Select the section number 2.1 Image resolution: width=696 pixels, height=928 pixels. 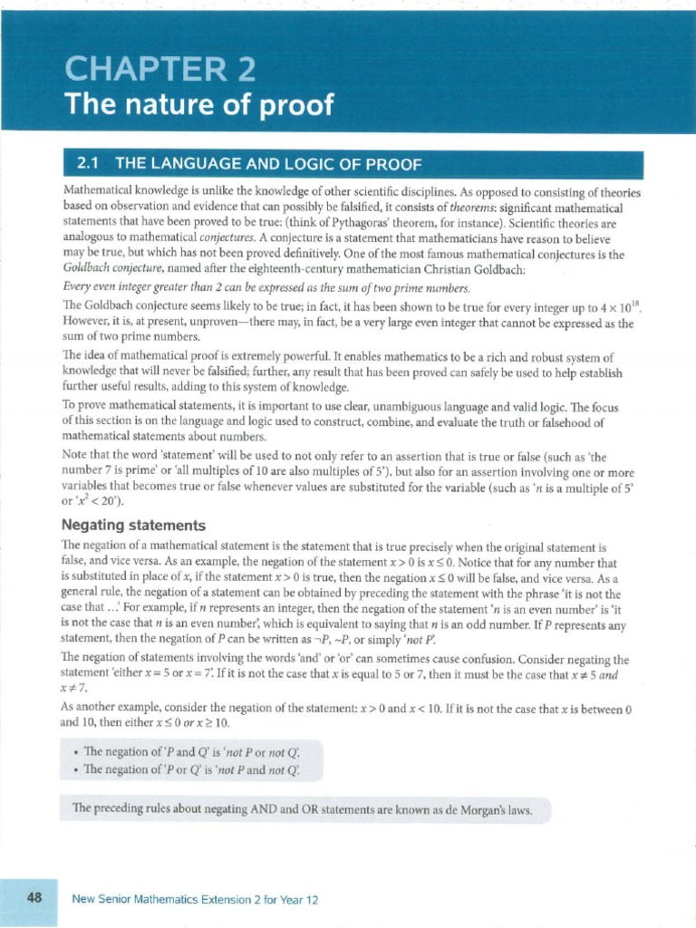click(x=88, y=164)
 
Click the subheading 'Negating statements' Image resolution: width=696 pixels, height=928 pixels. click(x=133, y=526)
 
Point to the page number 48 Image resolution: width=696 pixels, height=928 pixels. click(x=35, y=899)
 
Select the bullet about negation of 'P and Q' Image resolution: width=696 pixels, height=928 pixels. click(x=197, y=751)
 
